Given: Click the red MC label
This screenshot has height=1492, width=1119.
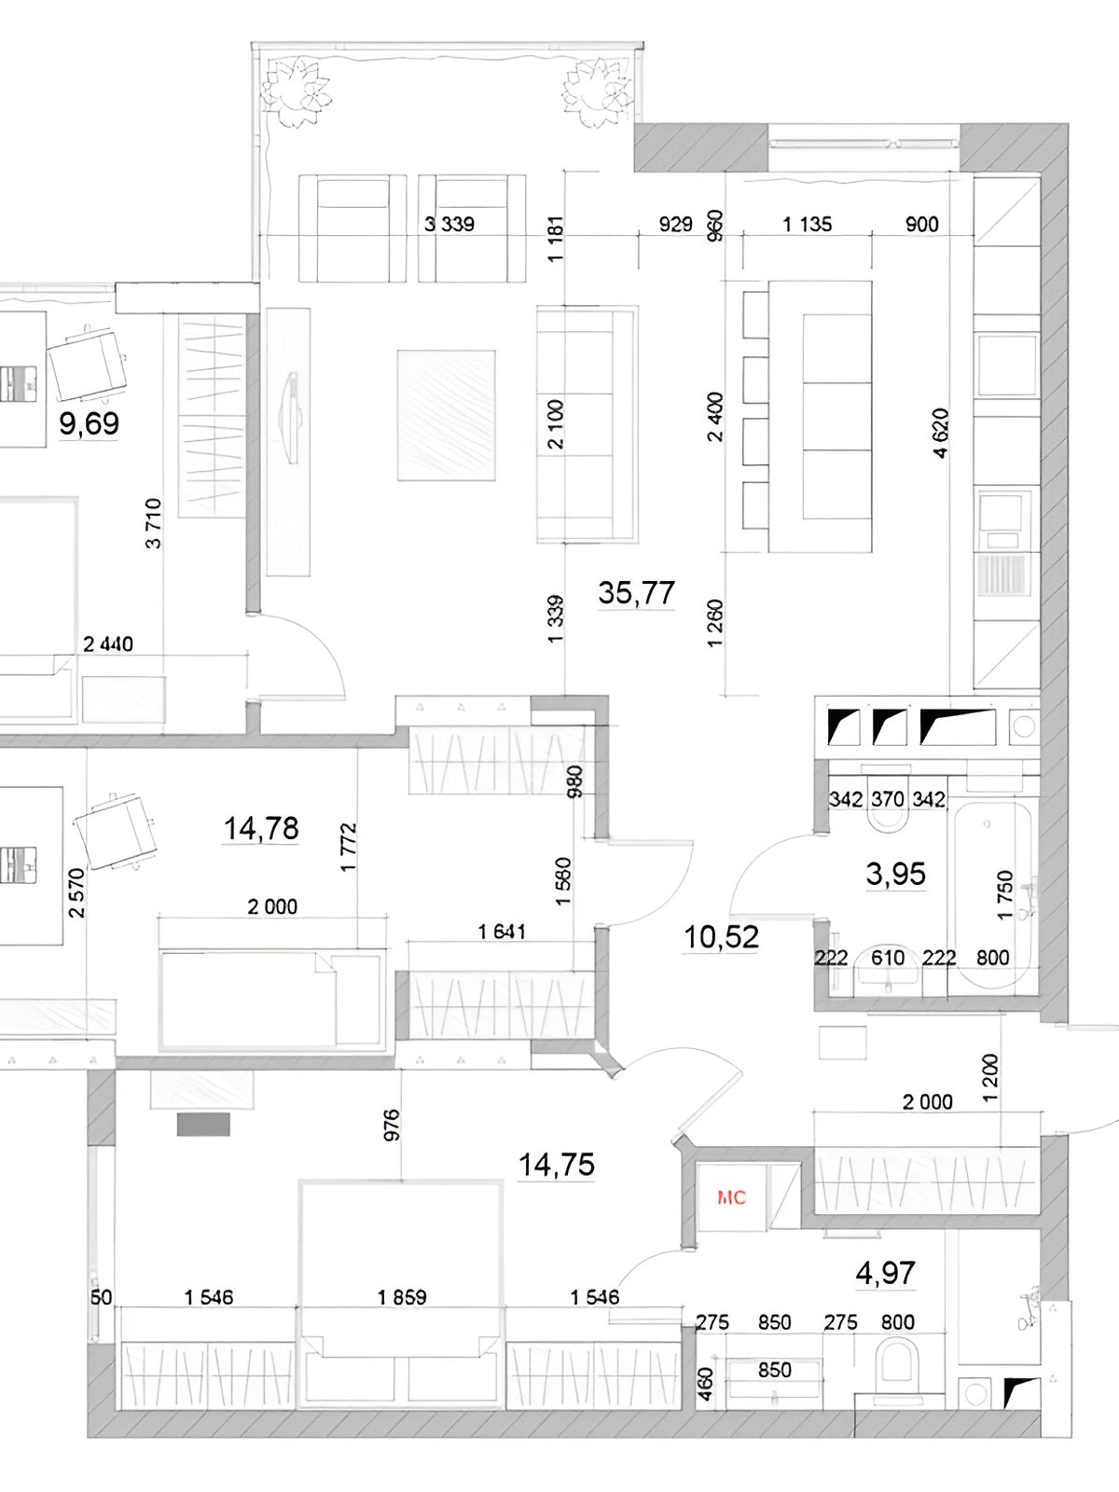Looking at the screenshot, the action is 731,1197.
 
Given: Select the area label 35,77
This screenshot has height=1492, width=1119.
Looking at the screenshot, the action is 636,593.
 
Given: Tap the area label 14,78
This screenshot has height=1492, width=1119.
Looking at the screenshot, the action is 261,829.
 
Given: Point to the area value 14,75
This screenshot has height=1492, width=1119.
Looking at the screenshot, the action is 557,1165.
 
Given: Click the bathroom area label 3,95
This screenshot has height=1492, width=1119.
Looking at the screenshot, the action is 895,874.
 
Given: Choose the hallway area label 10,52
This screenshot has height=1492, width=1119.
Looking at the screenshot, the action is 721,937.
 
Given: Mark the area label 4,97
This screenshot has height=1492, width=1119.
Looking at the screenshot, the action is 885,1273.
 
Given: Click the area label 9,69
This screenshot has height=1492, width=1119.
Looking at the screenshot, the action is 89,423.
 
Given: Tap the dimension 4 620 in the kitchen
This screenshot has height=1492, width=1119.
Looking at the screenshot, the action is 941,433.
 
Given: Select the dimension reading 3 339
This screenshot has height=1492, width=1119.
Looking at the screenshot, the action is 449,224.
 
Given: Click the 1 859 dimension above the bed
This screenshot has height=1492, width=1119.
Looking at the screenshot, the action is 402,1298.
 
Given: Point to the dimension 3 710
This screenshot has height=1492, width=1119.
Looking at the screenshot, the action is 154,523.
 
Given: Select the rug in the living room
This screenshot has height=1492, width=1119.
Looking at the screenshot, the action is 447,415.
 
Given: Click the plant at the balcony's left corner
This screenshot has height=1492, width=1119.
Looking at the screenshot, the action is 298,91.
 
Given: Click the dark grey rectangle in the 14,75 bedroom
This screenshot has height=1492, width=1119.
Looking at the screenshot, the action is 203,1124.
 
